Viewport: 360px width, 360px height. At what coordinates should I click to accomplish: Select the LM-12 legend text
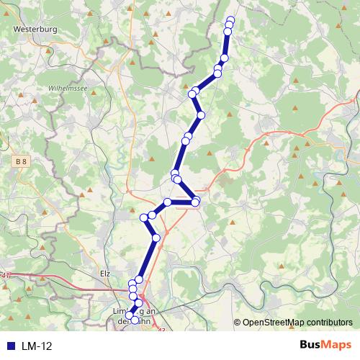pos(36,346)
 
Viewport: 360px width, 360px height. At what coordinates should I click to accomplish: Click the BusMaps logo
pos(325,345)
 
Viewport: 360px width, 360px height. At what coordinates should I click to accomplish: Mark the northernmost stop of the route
pos(230,20)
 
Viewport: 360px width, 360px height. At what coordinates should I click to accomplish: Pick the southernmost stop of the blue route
pos(135,320)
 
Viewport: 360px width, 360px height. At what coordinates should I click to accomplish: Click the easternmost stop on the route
pos(230,20)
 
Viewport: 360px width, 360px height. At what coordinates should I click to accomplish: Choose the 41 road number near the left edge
pos(6,275)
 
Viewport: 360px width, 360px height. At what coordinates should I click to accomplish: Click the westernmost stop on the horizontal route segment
pos(168,202)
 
